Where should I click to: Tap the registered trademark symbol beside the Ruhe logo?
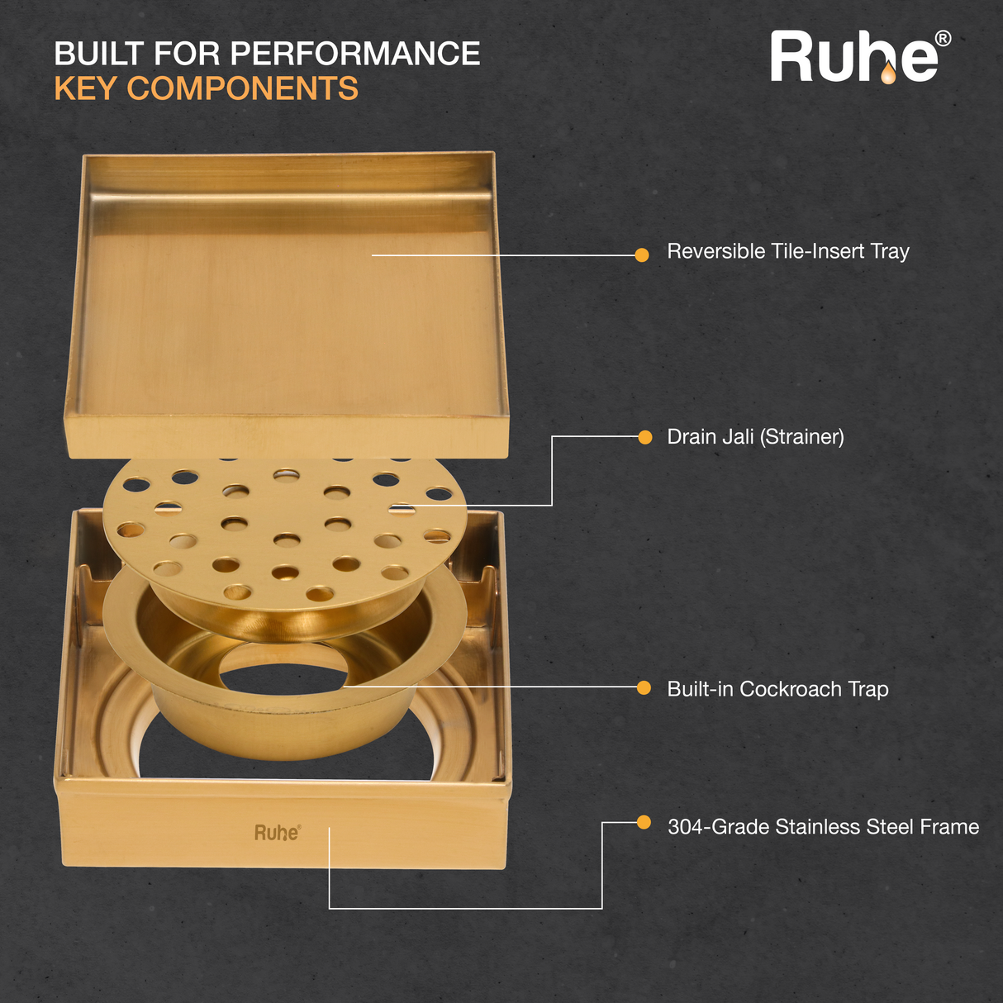tap(943, 39)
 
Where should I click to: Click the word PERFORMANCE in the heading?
tap(355, 54)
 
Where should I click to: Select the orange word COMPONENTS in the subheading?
tap(243, 88)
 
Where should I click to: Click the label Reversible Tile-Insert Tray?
tap(788, 251)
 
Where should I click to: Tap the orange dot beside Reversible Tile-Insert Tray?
tap(642, 255)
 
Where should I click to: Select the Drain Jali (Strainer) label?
tap(755, 437)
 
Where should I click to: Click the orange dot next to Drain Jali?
tap(645, 437)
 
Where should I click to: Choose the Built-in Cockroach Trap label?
tap(777, 688)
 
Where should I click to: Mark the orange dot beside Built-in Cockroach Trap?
tap(644, 687)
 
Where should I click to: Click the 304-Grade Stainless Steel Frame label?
tap(824, 826)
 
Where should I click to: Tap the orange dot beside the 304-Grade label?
tap(644, 822)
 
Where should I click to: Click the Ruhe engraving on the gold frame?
tap(278, 832)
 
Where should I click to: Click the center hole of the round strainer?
tap(286, 540)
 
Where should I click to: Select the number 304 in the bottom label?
tap(684, 826)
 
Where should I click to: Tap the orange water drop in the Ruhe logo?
tap(888, 73)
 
